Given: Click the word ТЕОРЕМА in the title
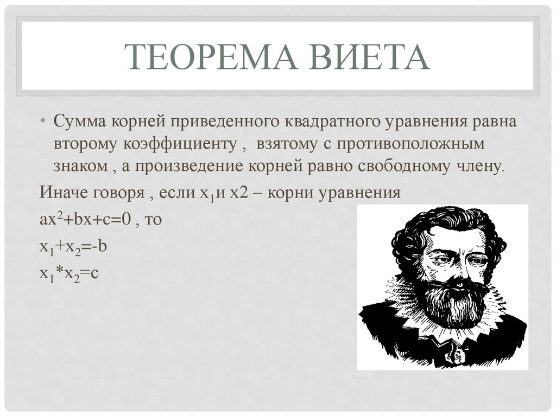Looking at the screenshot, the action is [x=211, y=57].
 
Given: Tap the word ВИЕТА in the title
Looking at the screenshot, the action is [x=369, y=57].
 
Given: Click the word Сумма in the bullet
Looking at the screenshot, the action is [x=80, y=121].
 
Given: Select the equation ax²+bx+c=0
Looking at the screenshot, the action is [x=85, y=218].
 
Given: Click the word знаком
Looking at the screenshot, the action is [x=80, y=165].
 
